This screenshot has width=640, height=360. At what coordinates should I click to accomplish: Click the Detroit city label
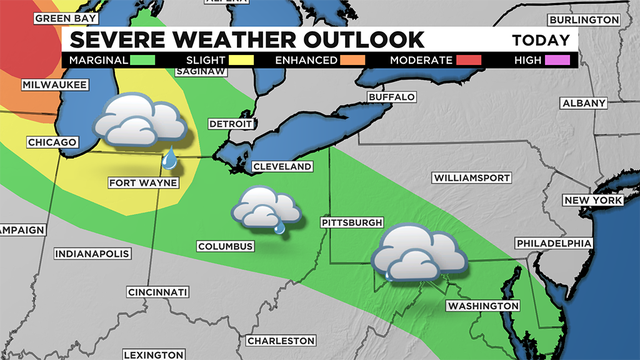(x=226, y=124)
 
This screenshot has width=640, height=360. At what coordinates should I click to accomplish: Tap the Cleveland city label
(x=283, y=166)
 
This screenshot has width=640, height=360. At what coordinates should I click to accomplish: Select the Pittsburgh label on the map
(x=352, y=221)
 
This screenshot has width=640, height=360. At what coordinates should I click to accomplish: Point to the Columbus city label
(x=225, y=246)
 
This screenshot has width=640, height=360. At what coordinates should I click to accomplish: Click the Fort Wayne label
(x=137, y=183)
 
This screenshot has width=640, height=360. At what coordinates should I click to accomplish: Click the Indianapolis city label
(x=93, y=254)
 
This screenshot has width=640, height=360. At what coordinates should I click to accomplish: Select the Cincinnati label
(x=158, y=292)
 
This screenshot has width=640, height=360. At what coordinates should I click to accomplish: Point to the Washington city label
(x=483, y=306)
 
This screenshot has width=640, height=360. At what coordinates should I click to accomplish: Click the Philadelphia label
(x=553, y=244)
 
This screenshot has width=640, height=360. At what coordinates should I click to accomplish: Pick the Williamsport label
(x=472, y=177)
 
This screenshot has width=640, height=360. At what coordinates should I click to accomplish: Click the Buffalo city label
(x=391, y=97)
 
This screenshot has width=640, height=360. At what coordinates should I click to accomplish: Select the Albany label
(x=584, y=104)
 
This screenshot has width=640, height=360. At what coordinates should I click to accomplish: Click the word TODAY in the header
(x=543, y=41)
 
